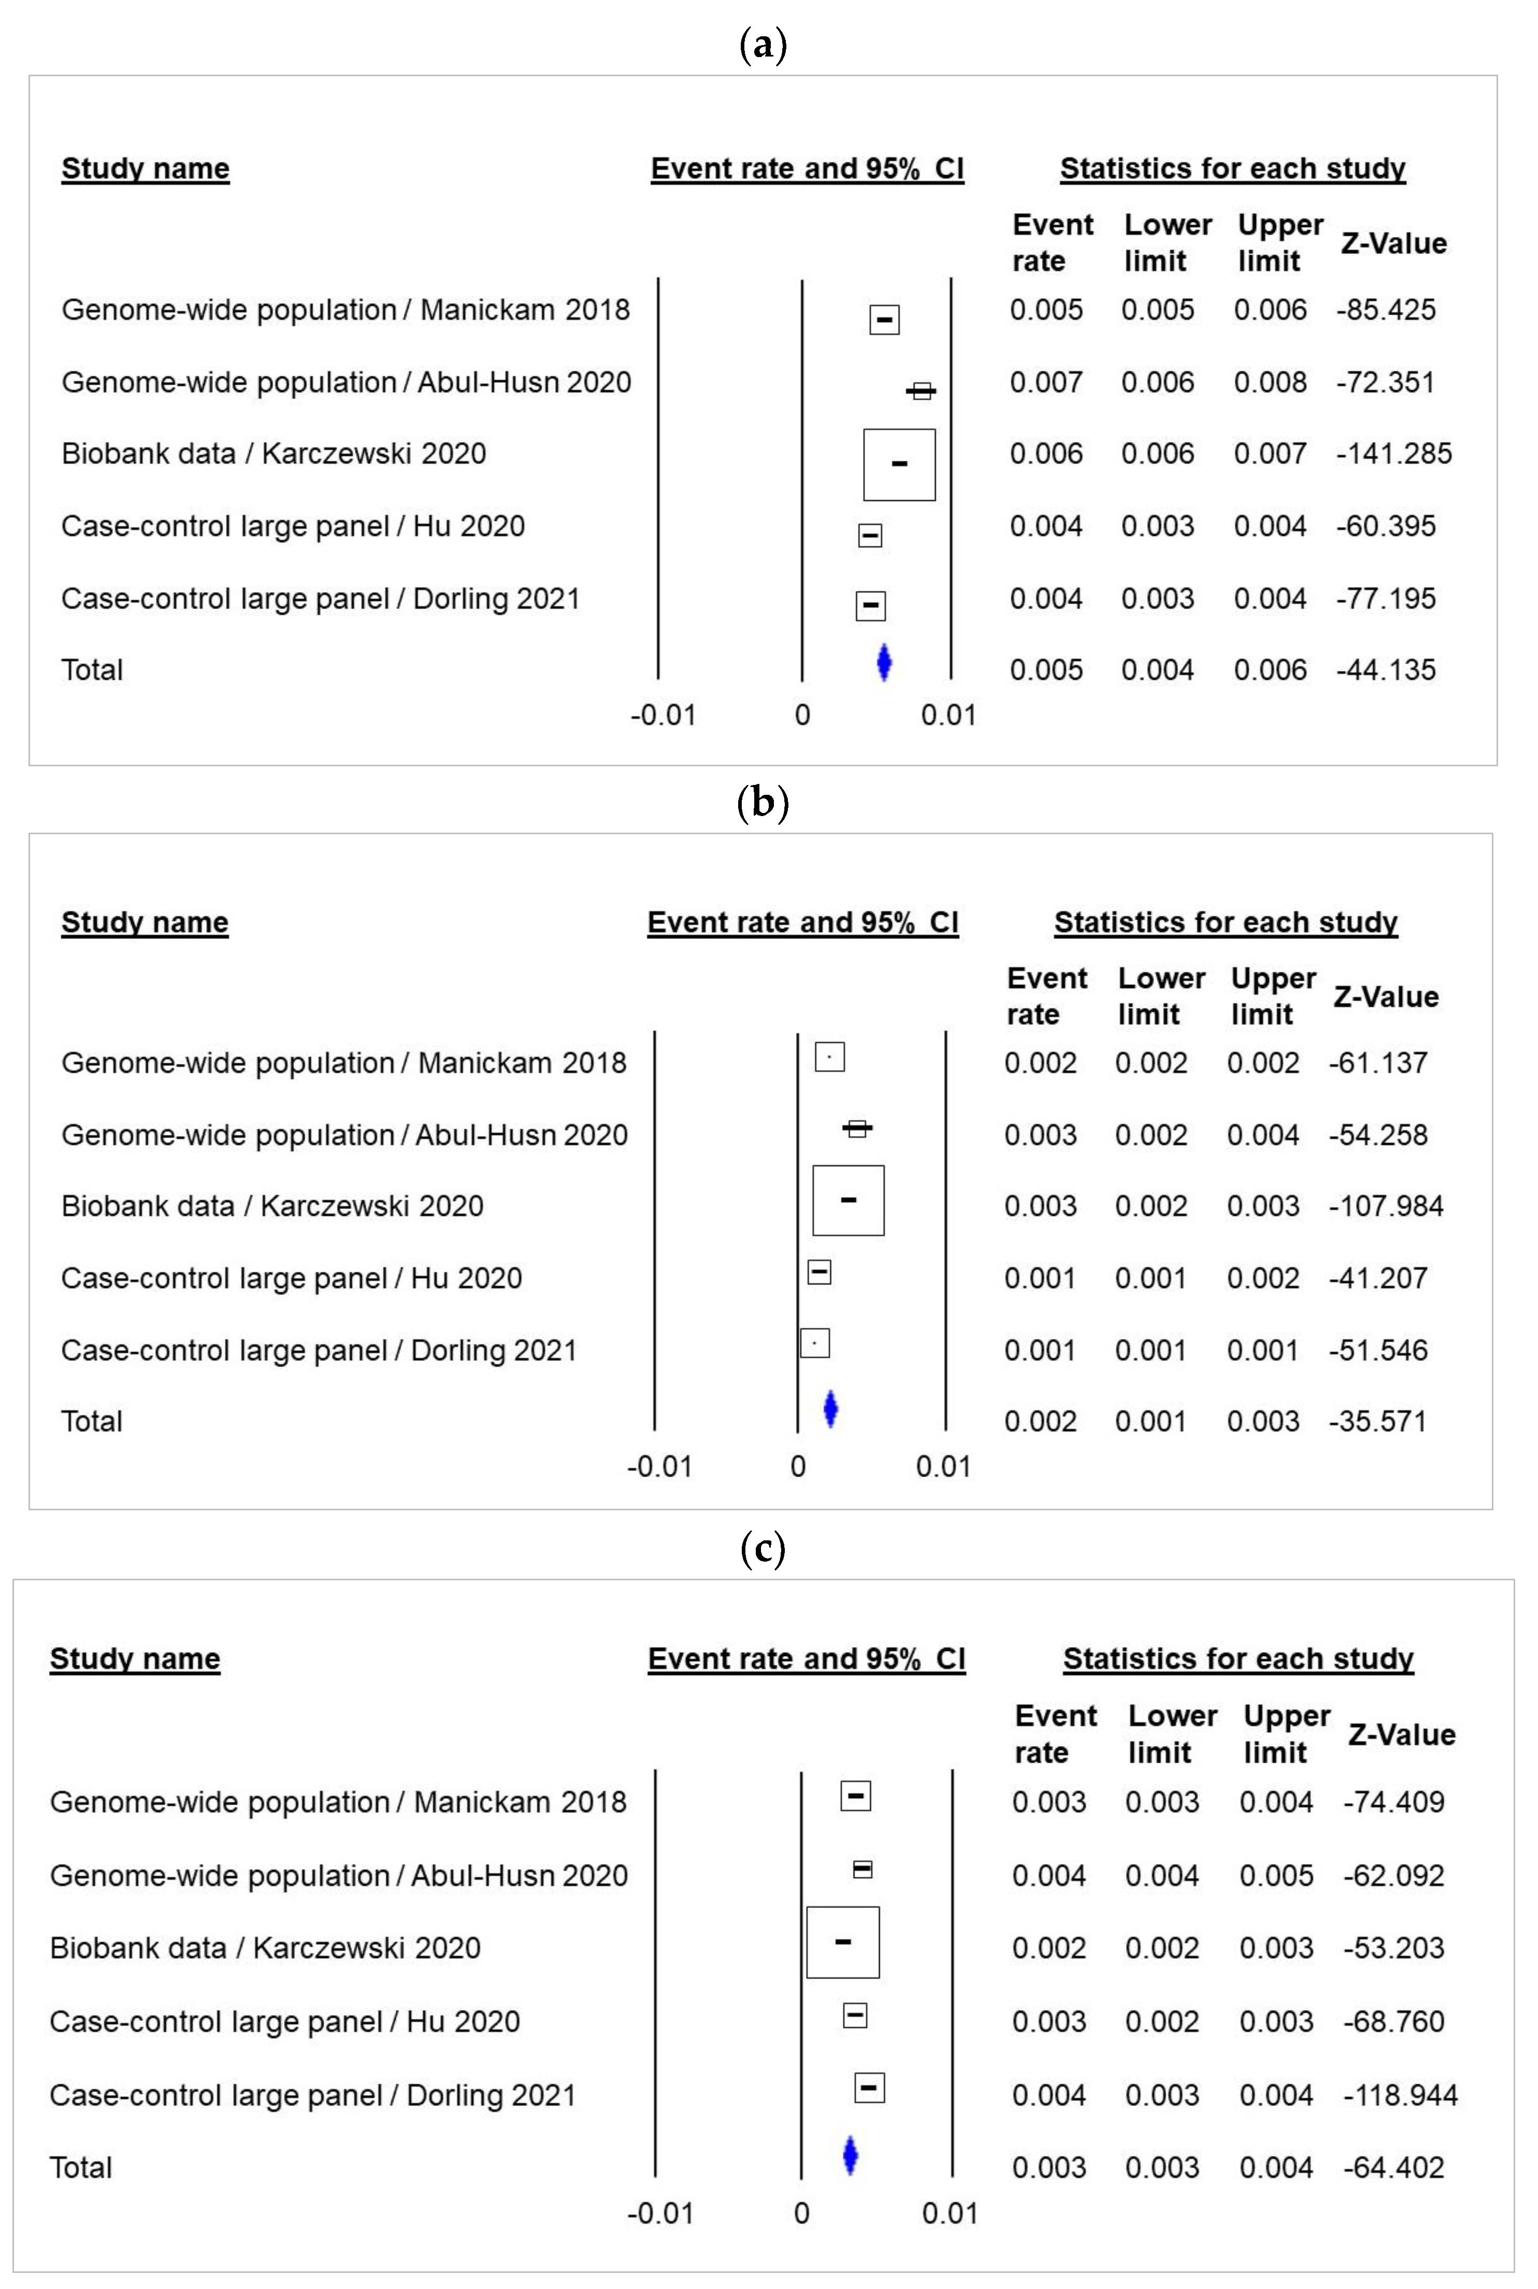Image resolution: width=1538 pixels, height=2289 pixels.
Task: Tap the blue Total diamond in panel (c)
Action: (x=851, y=2156)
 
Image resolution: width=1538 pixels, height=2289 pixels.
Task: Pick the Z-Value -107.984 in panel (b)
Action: (x=1385, y=1206)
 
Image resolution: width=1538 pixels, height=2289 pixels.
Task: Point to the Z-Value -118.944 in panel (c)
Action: (x=1400, y=2095)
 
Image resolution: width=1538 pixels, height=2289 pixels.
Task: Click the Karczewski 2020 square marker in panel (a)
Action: (x=899, y=464)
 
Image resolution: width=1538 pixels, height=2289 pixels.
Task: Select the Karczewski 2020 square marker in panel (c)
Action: (x=842, y=1942)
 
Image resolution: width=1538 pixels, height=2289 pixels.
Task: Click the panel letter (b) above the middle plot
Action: (x=762, y=803)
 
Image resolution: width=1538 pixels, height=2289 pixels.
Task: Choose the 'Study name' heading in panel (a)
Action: (x=145, y=168)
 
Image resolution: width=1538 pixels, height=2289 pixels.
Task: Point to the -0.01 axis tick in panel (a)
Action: (x=663, y=715)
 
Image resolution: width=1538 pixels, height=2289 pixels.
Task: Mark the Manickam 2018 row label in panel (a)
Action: (x=345, y=310)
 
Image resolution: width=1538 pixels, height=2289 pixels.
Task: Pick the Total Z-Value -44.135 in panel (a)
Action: (x=1385, y=670)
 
